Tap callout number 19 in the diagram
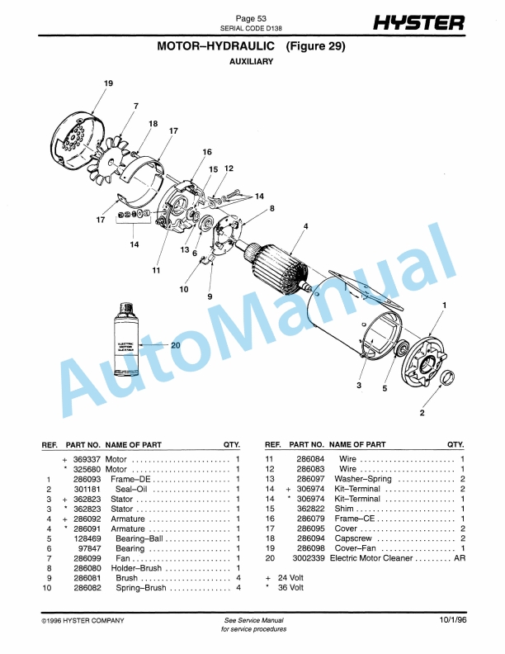[108, 84]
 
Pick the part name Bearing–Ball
[130, 538]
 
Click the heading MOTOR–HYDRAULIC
[216, 46]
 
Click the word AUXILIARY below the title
[251, 62]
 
